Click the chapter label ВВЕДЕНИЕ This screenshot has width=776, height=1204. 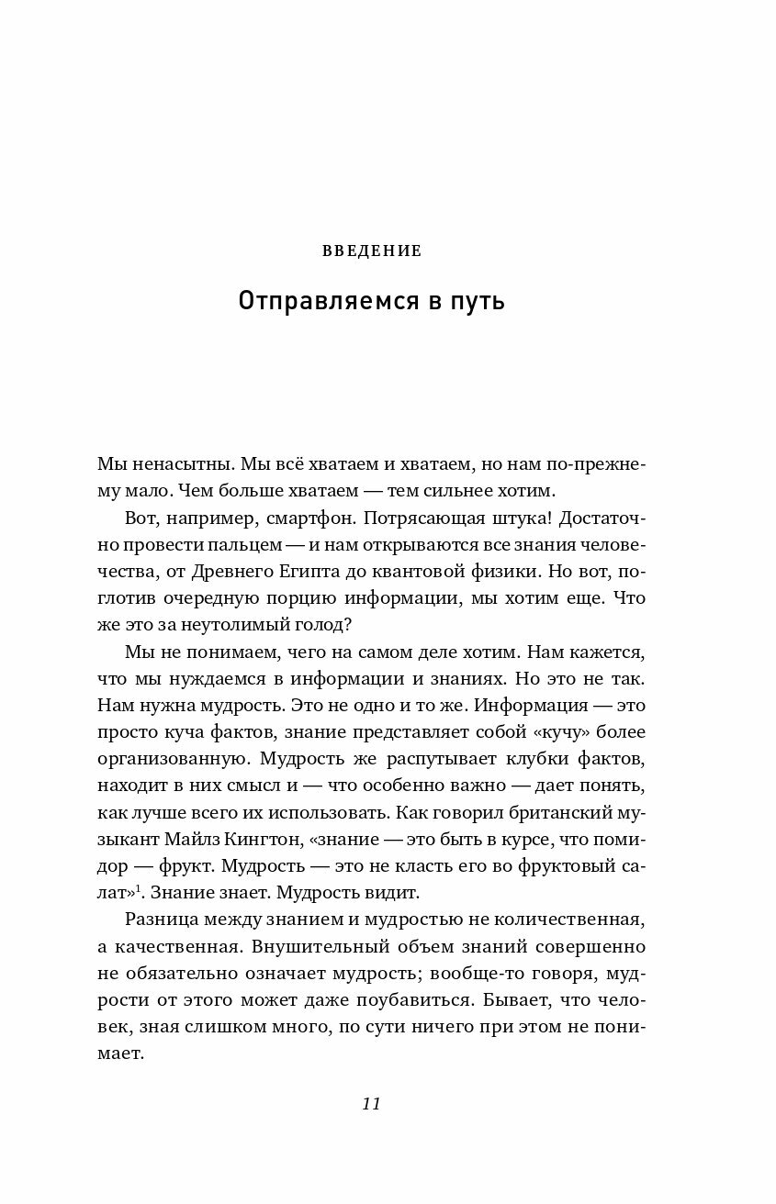coord(371,251)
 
